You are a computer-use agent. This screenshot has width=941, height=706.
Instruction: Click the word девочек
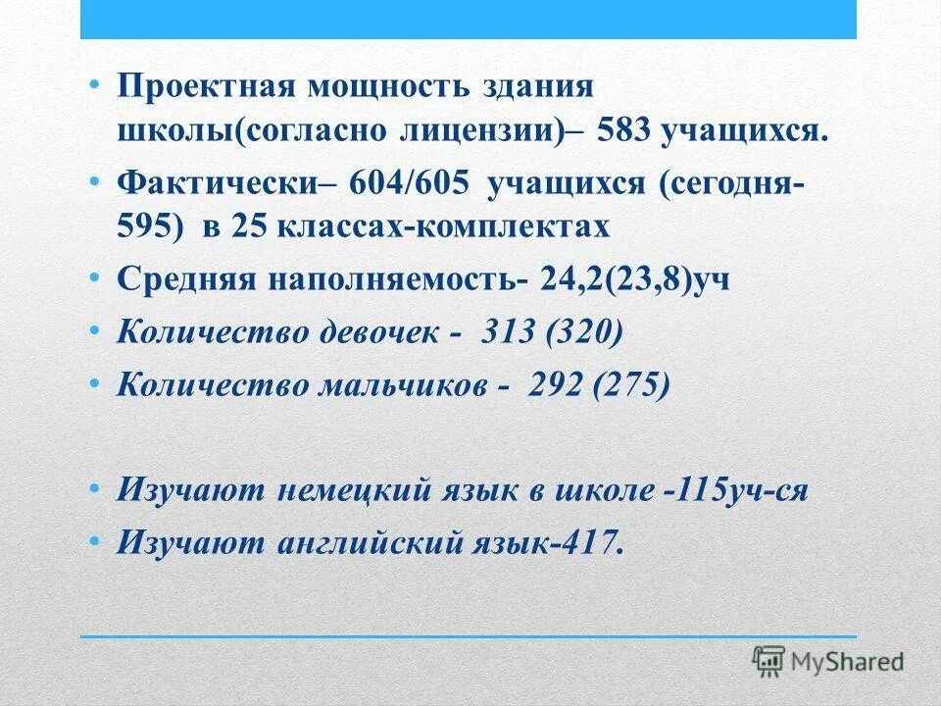pos(382,331)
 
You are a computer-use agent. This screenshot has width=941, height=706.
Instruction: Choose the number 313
pos(507,331)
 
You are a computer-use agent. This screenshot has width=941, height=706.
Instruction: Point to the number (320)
pos(584,331)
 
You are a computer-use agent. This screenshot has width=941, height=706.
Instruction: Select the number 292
pos(554,383)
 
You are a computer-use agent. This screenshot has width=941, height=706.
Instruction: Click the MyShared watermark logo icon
pos(769,659)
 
